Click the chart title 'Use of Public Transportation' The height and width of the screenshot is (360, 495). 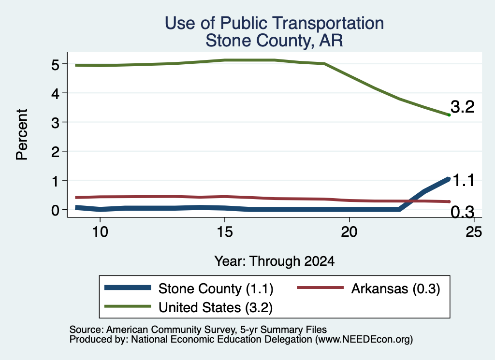point(274,23)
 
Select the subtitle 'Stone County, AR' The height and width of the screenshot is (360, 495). point(274,41)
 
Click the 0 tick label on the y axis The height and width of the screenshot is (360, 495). point(55,210)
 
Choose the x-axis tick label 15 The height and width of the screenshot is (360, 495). point(224,232)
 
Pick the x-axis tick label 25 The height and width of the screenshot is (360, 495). point(474,232)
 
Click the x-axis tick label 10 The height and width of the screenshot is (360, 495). point(100,232)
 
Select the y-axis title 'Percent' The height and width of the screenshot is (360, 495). point(22,134)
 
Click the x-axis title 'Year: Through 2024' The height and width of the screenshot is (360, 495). point(275,261)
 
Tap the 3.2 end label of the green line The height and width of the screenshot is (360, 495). point(462,107)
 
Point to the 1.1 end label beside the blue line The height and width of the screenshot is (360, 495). point(464,180)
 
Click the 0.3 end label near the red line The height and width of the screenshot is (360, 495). point(462,212)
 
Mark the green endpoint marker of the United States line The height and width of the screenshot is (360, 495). point(449,115)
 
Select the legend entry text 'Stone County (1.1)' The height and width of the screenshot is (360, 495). point(216,288)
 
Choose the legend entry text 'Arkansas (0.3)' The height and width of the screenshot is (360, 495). point(395,288)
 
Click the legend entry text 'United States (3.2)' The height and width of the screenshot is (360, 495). point(216,308)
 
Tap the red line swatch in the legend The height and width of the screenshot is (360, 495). point(320,288)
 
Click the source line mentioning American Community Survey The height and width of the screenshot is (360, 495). point(198,330)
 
